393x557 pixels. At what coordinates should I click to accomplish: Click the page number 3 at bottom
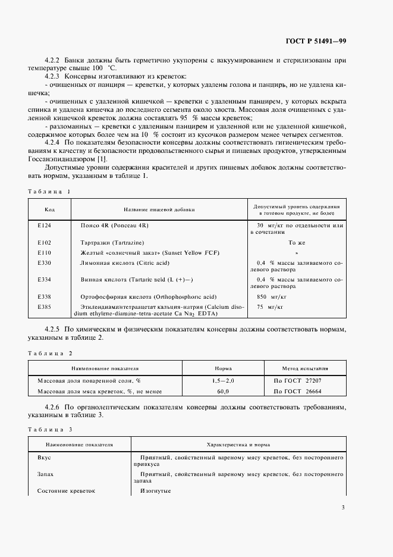pyautogui.click(x=344, y=507)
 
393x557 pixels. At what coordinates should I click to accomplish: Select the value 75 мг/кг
pyautogui.click(x=268, y=306)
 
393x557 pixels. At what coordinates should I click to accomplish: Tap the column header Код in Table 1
pyautogui.click(x=50, y=209)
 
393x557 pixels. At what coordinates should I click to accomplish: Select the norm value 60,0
pyautogui.click(x=223, y=392)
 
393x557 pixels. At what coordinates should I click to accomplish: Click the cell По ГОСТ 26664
pyautogui.click(x=297, y=392)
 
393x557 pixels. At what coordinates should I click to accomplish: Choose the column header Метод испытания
pyautogui.click(x=305, y=368)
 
